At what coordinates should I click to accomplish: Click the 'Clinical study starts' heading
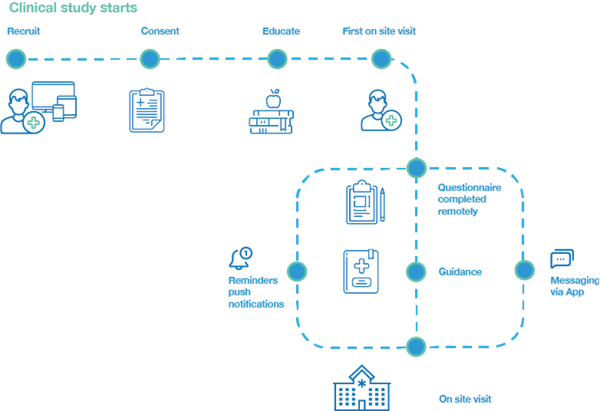tap(74, 8)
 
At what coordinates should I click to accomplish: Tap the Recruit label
tap(23, 31)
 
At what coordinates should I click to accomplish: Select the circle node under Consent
tap(150, 58)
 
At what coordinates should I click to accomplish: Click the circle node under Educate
tap(277, 58)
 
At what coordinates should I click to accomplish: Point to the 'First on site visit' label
tap(378, 31)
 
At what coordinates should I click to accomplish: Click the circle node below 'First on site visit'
tap(381, 58)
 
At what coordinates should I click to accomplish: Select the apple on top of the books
tap(272, 99)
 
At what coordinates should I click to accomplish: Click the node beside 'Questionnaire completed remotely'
tap(417, 167)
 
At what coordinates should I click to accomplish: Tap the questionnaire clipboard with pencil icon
tap(364, 202)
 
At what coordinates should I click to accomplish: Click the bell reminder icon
tap(241, 258)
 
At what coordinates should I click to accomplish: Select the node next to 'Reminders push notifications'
tap(297, 271)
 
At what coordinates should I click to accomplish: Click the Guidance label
tap(460, 271)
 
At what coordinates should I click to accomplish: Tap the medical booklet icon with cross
tap(360, 271)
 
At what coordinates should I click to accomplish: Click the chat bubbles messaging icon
tap(562, 259)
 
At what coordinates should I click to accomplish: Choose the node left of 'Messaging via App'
tap(524, 270)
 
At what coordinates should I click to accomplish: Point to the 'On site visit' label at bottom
tap(465, 399)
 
